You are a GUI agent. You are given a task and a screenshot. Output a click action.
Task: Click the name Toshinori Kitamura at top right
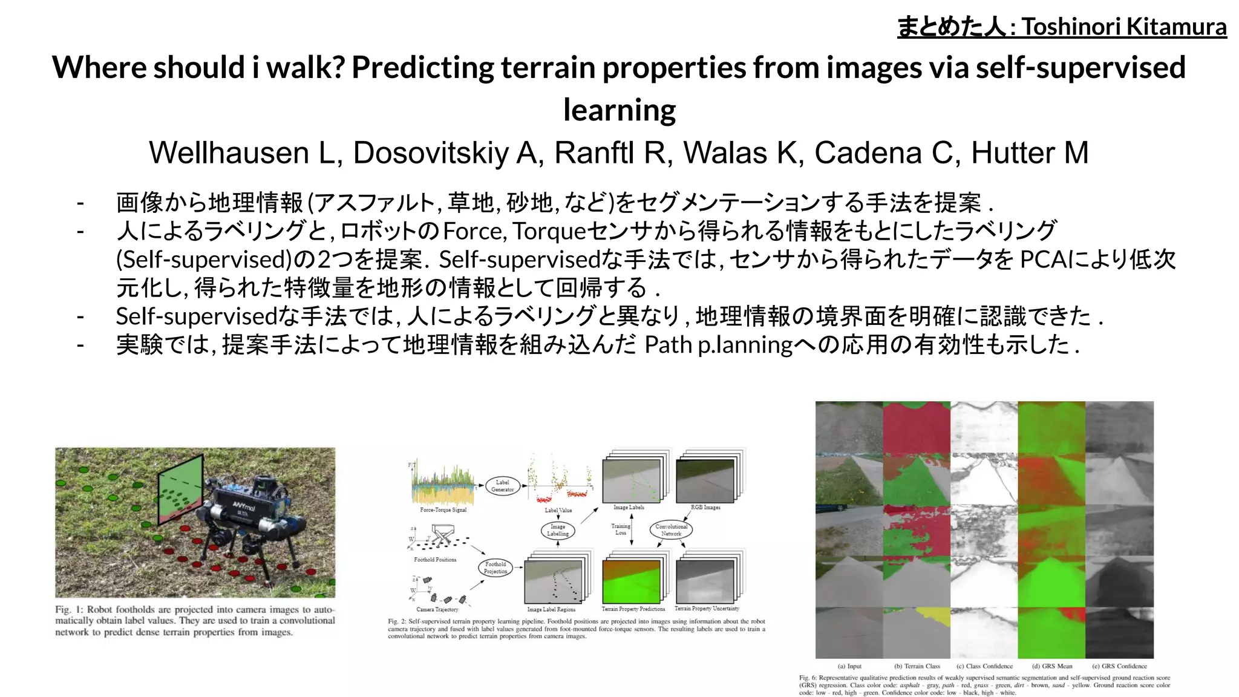coord(1124,27)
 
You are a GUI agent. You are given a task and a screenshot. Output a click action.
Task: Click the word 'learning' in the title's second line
coord(619,110)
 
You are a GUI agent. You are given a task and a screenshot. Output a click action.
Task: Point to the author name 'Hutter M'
coord(1030,152)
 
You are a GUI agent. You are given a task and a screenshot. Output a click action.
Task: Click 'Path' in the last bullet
coord(668,345)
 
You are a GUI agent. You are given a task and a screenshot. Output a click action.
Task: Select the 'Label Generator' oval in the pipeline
coord(503,486)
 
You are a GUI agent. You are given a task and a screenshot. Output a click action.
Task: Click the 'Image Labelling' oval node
coord(557,531)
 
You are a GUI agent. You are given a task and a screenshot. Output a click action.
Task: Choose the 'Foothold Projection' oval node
coord(495,568)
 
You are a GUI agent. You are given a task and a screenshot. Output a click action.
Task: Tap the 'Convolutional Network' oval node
coord(671,530)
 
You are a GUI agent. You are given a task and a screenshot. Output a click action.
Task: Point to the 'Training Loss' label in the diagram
coord(621,529)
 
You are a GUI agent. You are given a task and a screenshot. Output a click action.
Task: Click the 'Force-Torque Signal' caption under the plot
coord(443,510)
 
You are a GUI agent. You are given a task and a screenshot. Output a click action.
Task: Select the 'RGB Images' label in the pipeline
coord(705,508)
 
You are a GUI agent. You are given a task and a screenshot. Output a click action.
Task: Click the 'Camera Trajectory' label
coord(437,609)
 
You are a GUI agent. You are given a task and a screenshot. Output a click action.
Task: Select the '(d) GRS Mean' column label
coord(1051,666)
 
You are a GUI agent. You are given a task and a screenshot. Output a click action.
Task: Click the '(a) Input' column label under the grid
coord(849,666)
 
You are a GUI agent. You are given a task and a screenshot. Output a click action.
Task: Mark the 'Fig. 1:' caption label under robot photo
coord(69,610)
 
